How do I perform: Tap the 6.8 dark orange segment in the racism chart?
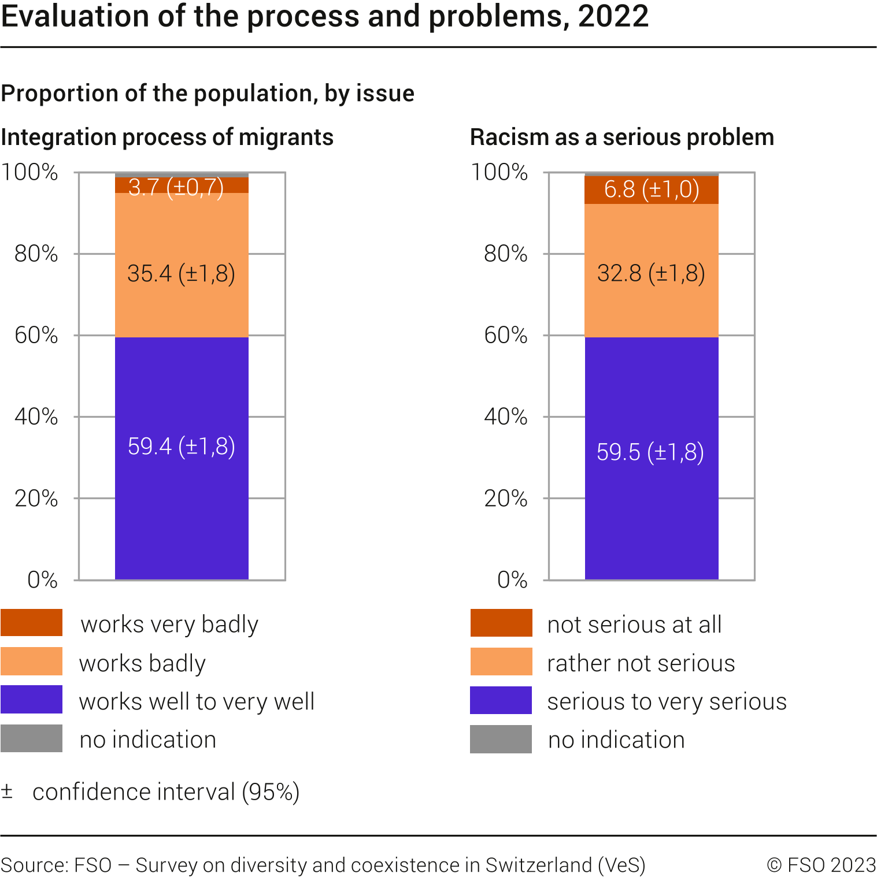click(x=652, y=189)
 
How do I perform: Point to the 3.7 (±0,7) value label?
click(x=176, y=187)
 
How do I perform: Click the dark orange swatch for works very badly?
click(x=31, y=623)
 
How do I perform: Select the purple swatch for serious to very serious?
click(x=501, y=700)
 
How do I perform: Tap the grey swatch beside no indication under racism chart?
click(x=501, y=739)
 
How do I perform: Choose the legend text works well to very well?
click(x=197, y=701)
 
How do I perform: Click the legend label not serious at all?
click(x=634, y=625)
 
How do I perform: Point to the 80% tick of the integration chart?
click(x=36, y=254)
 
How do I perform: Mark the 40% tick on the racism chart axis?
click(x=506, y=417)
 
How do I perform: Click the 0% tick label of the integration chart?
click(x=43, y=579)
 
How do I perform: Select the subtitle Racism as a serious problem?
click(x=621, y=138)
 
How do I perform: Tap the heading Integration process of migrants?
click(x=167, y=138)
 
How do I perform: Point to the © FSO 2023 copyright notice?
click(x=821, y=865)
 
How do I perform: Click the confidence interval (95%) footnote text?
click(x=166, y=792)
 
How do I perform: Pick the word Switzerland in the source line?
click(x=538, y=865)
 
